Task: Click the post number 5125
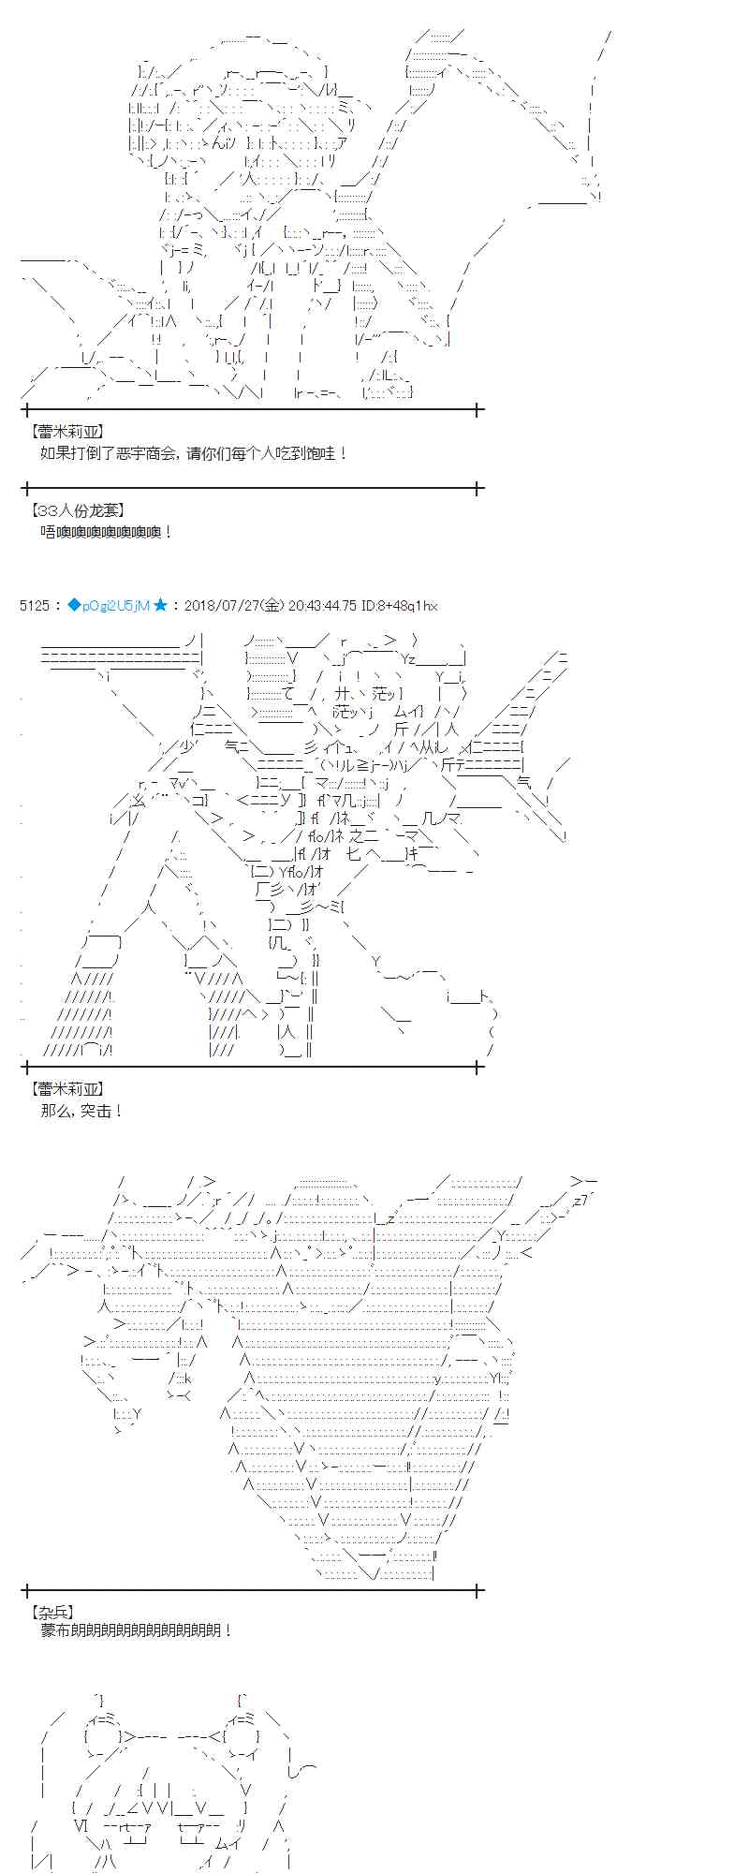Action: [34, 606]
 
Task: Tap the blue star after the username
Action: [160, 606]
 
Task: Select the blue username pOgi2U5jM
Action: [115, 606]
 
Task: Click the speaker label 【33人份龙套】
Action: [77, 511]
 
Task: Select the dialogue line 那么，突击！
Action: [82, 1111]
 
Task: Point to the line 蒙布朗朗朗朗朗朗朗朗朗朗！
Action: [137, 1630]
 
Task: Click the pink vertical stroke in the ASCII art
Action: [374, 1247]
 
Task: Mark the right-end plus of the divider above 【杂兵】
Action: [478, 1590]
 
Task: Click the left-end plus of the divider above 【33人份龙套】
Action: [27, 488]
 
